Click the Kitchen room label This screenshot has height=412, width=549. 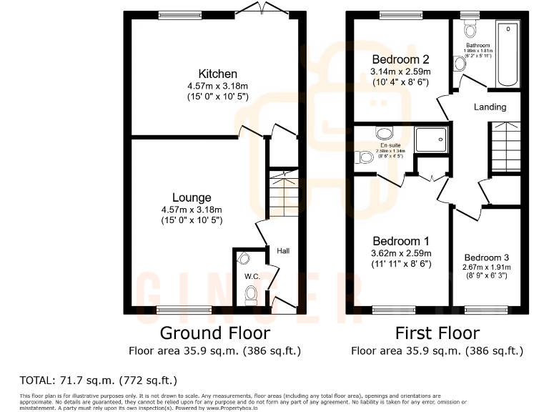[x=217, y=74]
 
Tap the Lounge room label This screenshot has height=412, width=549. [x=191, y=197]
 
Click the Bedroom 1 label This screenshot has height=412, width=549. [x=400, y=241]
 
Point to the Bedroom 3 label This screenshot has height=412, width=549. [x=486, y=257]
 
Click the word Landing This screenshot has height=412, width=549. [x=490, y=107]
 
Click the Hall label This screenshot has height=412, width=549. [x=283, y=251]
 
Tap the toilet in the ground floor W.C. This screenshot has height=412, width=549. [x=250, y=294]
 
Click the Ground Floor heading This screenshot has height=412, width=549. [x=214, y=333]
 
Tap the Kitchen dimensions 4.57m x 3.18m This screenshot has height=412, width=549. [x=217, y=86]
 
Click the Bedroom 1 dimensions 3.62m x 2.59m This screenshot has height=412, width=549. [x=400, y=253]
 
